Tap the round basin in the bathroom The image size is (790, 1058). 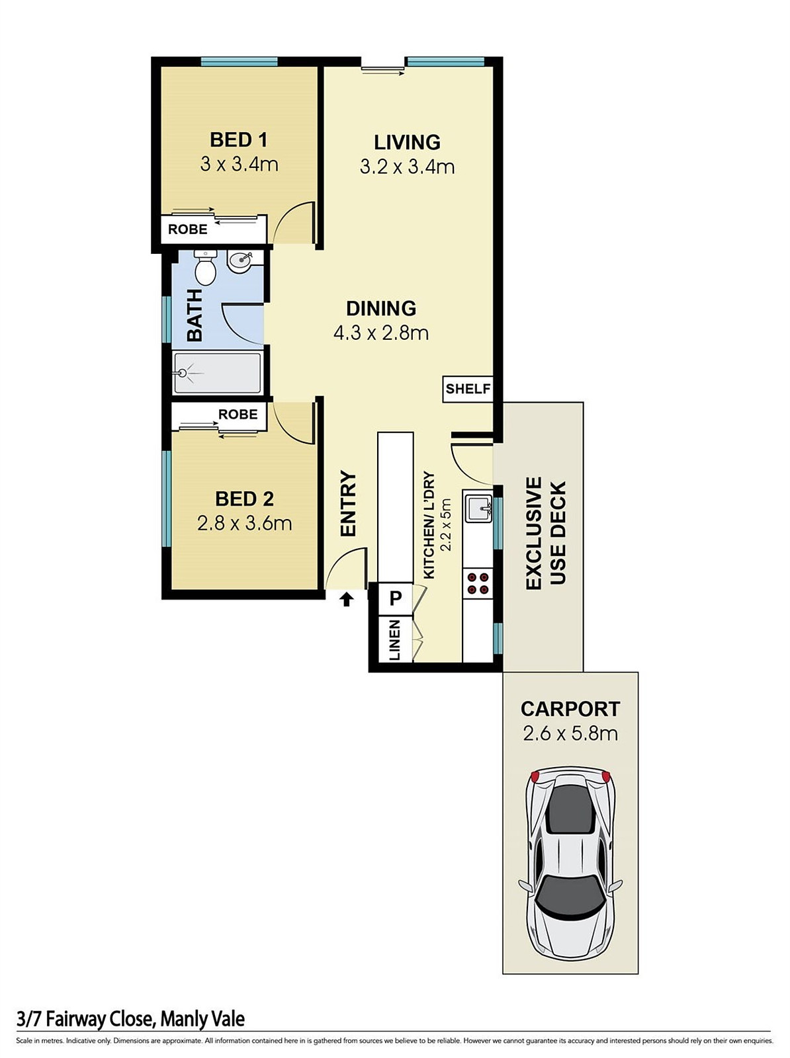click(240, 262)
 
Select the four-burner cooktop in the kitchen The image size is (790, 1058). click(478, 583)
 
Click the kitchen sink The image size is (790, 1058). click(478, 508)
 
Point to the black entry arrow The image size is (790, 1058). click(346, 600)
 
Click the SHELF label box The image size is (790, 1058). click(468, 389)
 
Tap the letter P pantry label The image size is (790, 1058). click(396, 598)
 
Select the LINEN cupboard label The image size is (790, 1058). click(395, 639)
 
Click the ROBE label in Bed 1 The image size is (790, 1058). click(188, 229)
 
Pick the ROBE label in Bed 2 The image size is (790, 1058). click(238, 414)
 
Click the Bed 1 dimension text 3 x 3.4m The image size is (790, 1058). click(240, 165)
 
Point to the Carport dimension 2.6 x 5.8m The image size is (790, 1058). click(570, 733)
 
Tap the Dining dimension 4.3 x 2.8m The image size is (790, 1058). click(381, 333)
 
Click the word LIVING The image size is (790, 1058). click(408, 142)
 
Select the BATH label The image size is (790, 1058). click(195, 315)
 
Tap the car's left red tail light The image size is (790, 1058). click(535, 776)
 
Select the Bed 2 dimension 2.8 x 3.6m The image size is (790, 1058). click(245, 523)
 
